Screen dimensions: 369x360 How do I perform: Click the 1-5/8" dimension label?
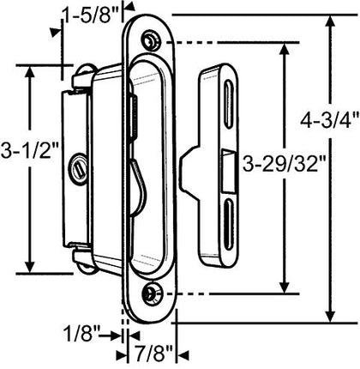point(90,13)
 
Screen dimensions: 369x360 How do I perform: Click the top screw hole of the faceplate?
point(152,40)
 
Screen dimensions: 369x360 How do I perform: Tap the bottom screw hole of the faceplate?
point(153,294)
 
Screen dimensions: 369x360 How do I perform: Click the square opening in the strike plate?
point(227,169)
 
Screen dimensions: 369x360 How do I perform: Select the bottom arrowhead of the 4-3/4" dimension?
point(333,318)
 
